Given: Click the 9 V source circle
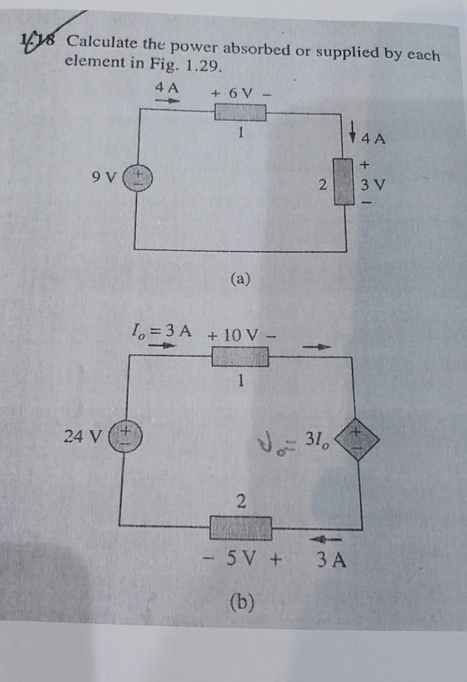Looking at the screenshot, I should [x=137, y=178].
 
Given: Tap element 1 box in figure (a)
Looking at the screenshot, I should [x=240, y=112].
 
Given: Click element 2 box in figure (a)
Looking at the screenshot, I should [x=346, y=181].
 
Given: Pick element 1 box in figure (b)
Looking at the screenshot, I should [x=240, y=356].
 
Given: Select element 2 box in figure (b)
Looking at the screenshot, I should [x=241, y=527].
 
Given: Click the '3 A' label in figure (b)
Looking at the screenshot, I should [x=332, y=560].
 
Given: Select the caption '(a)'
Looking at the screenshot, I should [x=241, y=278].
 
